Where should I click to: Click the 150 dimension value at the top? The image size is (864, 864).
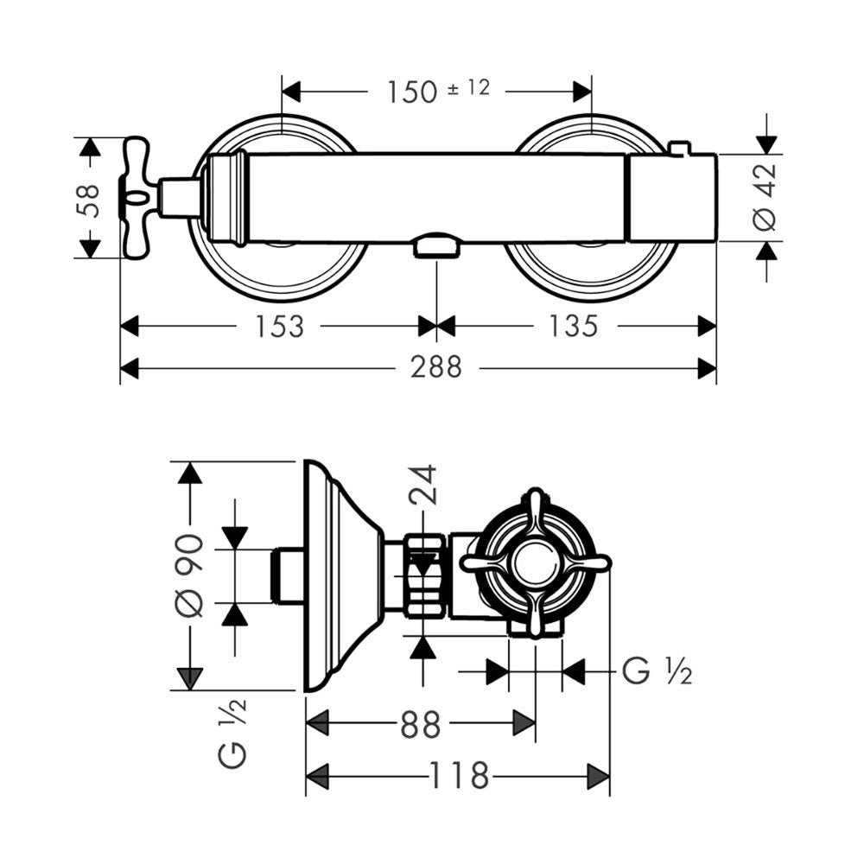(412, 92)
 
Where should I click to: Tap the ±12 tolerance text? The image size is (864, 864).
(468, 87)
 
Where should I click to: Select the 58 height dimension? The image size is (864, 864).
(88, 200)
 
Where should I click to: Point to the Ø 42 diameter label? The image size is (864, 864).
(765, 197)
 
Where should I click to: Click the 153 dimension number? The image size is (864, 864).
(279, 327)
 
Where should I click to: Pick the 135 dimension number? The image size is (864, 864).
(573, 326)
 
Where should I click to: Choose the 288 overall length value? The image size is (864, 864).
(435, 367)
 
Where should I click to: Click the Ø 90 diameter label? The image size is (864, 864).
(190, 575)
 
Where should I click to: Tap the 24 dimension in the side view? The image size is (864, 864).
(422, 485)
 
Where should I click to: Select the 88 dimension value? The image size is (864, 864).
(421, 724)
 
